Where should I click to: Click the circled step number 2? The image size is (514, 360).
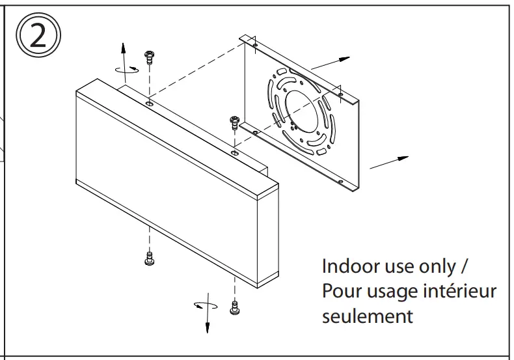(x=38, y=36)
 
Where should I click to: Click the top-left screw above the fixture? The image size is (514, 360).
(x=150, y=57)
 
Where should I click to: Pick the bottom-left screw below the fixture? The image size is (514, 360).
(x=148, y=258)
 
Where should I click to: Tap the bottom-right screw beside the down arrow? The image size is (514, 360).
(x=234, y=307)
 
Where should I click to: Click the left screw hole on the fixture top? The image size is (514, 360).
(x=150, y=103)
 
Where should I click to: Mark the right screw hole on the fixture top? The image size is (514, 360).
(x=234, y=151)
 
